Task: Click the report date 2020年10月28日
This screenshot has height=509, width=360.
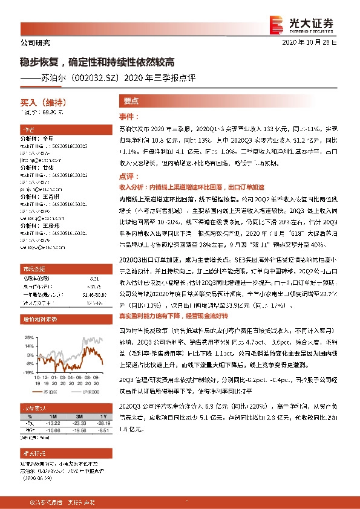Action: click(x=314, y=42)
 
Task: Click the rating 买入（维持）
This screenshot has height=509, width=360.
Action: click(x=37, y=103)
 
